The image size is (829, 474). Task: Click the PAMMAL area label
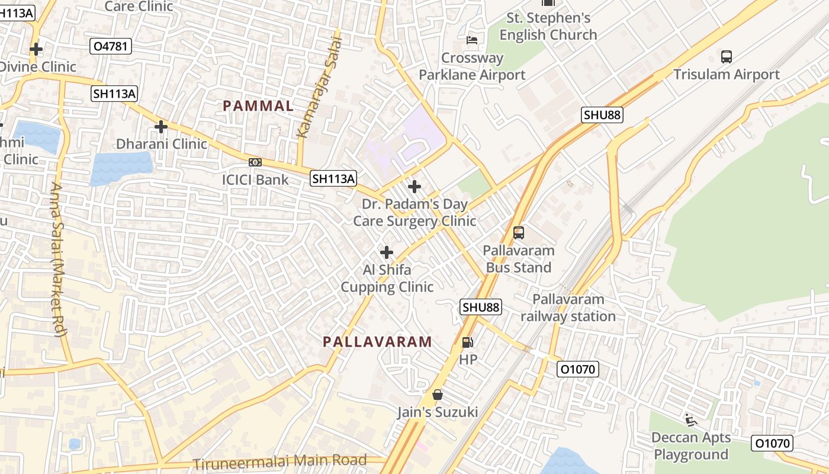pos(258,106)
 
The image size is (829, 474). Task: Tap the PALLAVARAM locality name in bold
pos(377,342)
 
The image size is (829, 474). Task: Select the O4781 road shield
pos(111,46)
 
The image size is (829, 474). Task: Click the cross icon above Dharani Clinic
pos(160,127)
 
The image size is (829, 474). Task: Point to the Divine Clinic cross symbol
pos(36,49)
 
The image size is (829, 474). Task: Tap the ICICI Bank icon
pos(255,162)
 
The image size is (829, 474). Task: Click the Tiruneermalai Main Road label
pos(280,462)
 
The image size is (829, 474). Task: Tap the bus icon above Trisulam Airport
pos(727,57)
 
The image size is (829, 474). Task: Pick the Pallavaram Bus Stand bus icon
pos(519,233)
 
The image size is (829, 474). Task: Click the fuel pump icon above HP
pos(467,342)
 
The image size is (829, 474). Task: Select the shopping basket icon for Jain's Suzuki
pos(438,395)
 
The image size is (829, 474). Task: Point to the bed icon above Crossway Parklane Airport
pos(472,40)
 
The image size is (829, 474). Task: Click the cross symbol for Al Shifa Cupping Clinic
pos(387,253)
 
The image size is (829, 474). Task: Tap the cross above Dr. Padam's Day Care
pos(415,187)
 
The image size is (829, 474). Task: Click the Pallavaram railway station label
pos(568,308)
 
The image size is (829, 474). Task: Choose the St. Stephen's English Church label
pos(548,26)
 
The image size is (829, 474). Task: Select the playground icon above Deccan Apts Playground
pos(690,420)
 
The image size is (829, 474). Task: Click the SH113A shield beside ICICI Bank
pos(333,178)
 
